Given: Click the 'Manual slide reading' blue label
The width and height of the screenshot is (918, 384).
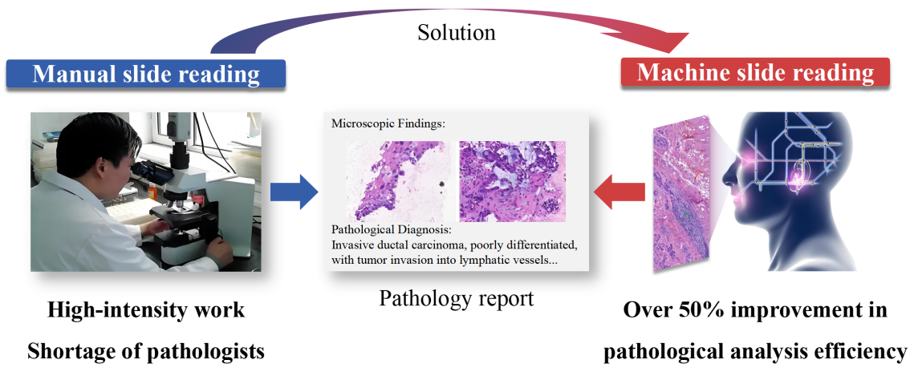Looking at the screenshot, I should (x=146, y=75).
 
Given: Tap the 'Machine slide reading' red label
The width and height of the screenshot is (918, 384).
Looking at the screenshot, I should (x=755, y=73).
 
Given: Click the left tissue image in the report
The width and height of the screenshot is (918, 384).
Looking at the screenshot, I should (x=395, y=181).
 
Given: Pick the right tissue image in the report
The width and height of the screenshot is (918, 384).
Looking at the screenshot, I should (x=512, y=181).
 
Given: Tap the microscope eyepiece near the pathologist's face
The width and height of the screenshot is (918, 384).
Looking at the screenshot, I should (x=143, y=168).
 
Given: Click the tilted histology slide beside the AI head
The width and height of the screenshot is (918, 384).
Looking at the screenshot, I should (x=680, y=192).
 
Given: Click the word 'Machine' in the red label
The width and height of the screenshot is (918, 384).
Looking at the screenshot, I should (x=680, y=73).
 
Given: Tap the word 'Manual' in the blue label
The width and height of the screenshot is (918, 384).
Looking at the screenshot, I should (x=75, y=75).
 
